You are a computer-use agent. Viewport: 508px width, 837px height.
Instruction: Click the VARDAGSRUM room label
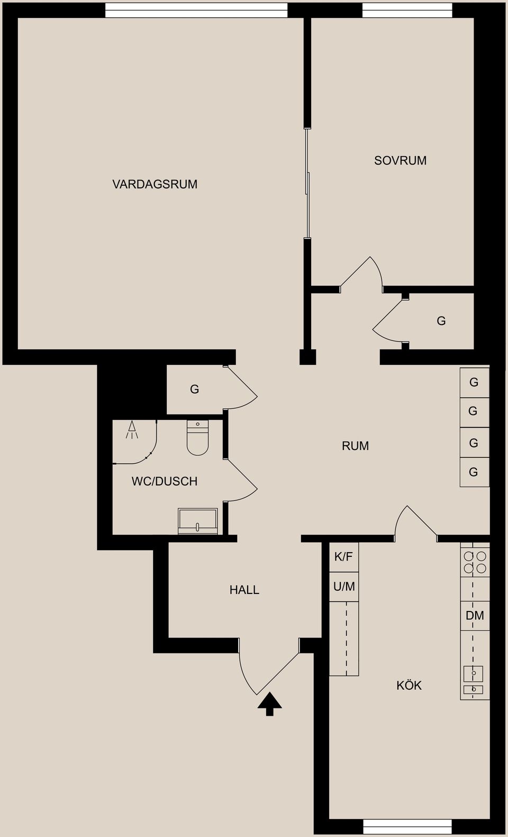(x=155, y=184)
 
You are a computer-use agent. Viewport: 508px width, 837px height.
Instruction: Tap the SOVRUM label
(x=400, y=160)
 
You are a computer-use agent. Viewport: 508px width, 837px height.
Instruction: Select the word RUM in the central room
(x=355, y=446)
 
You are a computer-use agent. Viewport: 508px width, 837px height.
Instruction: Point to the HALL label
(x=244, y=590)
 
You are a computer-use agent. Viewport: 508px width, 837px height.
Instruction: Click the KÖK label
(x=409, y=686)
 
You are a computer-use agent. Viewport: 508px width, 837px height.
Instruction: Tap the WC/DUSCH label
(x=165, y=481)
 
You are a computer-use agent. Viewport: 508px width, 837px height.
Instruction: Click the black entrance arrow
(x=270, y=704)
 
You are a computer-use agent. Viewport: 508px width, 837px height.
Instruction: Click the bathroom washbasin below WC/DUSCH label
(x=198, y=521)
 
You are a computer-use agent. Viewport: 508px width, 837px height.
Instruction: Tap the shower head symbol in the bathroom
(x=132, y=429)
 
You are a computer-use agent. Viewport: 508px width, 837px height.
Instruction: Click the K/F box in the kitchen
(x=343, y=557)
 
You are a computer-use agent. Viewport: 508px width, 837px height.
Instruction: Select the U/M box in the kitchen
(x=344, y=587)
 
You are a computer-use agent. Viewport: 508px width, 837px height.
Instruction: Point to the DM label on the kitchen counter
(x=475, y=616)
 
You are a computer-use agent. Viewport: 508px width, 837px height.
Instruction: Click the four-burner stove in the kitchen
(x=475, y=563)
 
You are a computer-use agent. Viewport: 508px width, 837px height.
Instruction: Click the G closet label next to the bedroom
(x=441, y=321)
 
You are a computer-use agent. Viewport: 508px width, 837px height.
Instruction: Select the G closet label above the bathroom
(x=194, y=390)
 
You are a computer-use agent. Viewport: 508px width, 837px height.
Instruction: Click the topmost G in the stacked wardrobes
(x=474, y=382)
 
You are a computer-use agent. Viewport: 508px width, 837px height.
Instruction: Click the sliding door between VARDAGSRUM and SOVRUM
(x=307, y=183)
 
